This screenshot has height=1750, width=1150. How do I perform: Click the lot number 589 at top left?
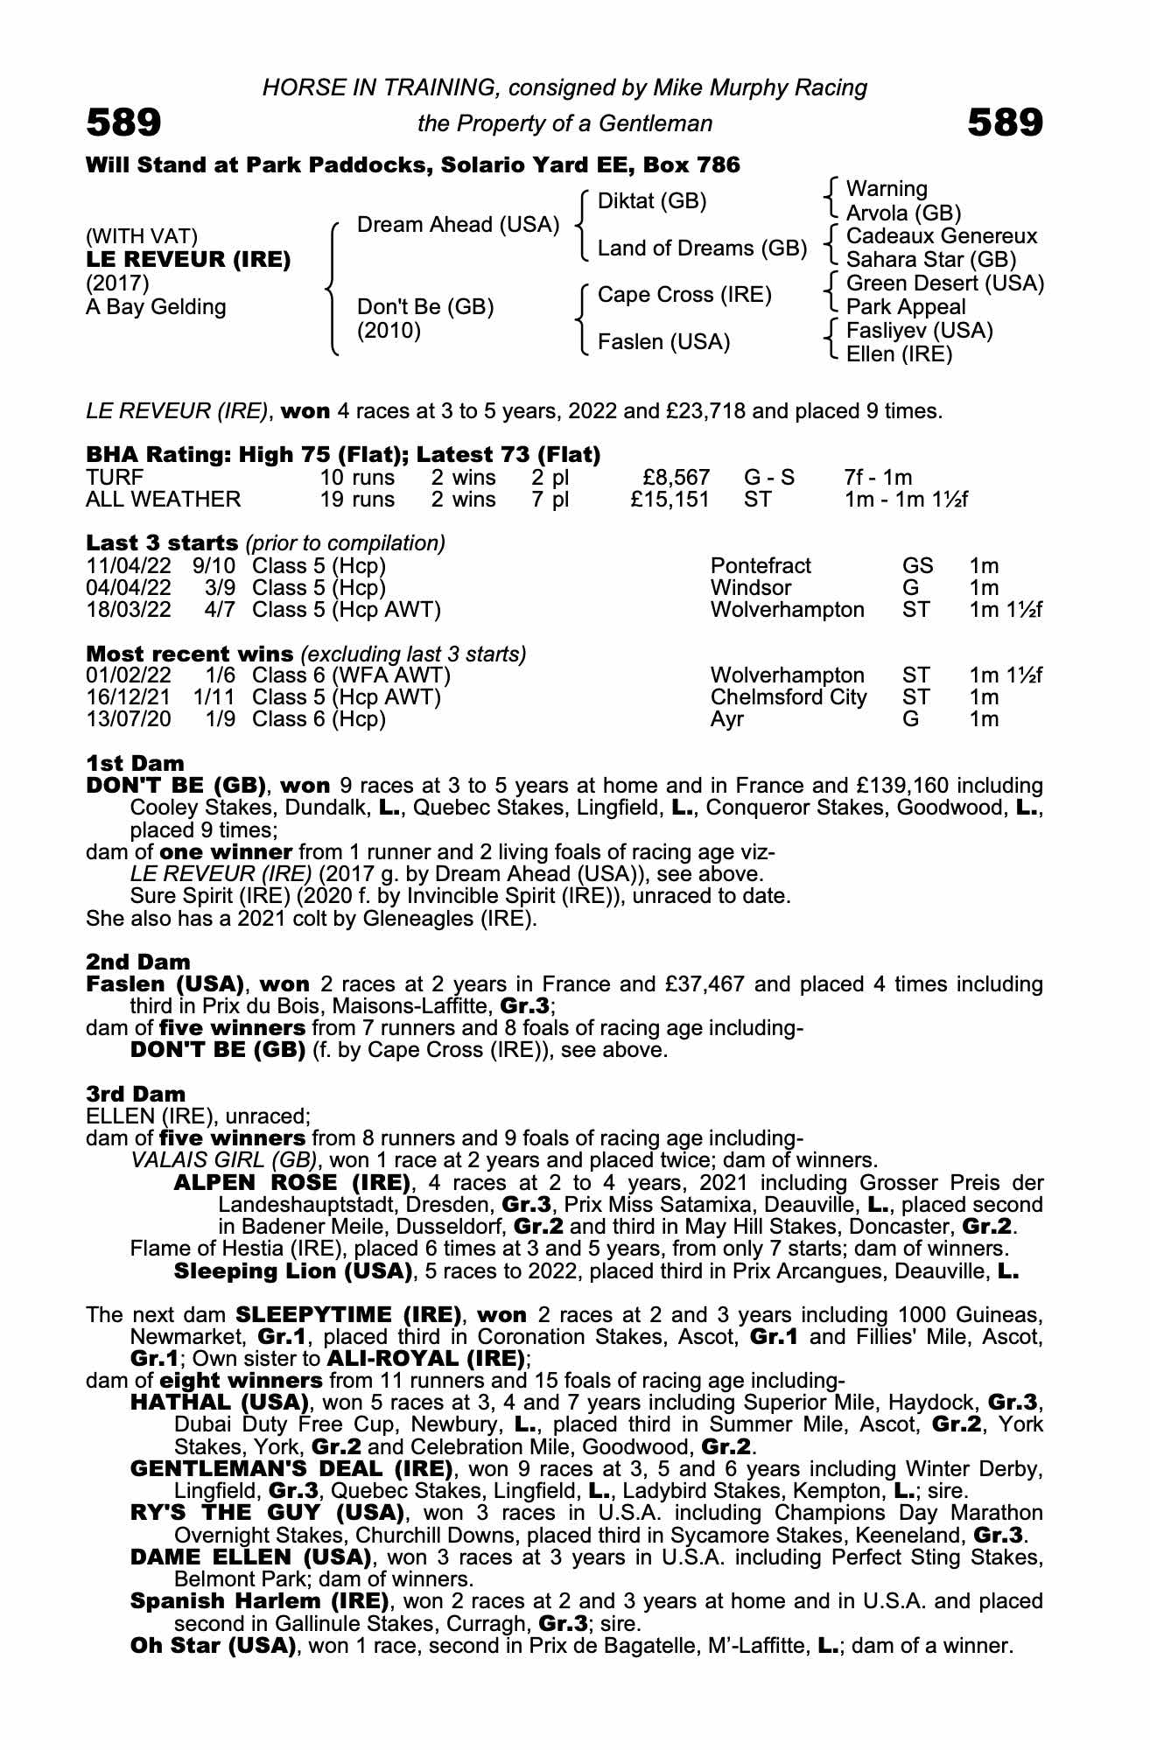(x=123, y=123)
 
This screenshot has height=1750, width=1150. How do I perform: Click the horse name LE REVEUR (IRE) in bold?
(x=188, y=260)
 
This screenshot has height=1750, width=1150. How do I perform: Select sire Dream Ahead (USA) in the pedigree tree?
(x=458, y=225)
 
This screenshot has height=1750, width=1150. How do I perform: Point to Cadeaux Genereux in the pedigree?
(x=942, y=236)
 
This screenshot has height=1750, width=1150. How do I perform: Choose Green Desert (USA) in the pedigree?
(x=945, y=283)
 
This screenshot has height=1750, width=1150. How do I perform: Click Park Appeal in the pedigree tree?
(x=906, y=307)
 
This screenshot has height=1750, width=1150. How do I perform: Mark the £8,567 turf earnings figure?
(x=675, y=478)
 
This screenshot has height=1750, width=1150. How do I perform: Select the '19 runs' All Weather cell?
(x=356, y=500)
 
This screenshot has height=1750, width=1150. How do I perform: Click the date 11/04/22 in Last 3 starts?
(x=129, y=566)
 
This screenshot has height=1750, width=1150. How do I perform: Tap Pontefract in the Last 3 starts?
(x=761, y=566)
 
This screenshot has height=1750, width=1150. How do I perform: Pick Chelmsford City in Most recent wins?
(x=788, y=697)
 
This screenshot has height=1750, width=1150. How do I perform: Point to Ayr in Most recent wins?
(x=726, y=719)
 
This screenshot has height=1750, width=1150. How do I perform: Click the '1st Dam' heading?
(x=135, y=764)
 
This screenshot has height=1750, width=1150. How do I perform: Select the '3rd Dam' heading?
(x=136, y=1094)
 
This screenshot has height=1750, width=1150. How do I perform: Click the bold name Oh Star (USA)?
(x=211, y=1645)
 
